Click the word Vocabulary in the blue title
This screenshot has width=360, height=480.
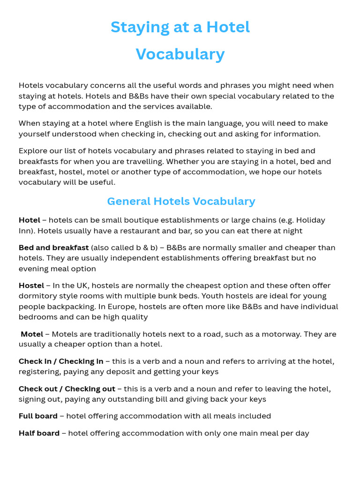(180, 54)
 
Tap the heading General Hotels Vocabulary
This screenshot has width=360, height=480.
(181, 202)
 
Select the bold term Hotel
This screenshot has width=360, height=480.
(29, 220)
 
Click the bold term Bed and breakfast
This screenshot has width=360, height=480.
(53, 247)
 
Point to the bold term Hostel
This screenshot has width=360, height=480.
(31, 285)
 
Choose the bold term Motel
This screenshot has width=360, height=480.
(32, 334)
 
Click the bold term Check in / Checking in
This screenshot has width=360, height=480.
(61, 361)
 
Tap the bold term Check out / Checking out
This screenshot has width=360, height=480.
(67, 389)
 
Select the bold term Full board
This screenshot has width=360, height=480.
(38, 416)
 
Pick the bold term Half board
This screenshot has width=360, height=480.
(39, 433)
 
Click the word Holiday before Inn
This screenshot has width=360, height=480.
(310, 220)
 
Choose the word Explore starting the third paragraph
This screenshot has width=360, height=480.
(33, 151)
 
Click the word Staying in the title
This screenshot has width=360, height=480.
(141, 28)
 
